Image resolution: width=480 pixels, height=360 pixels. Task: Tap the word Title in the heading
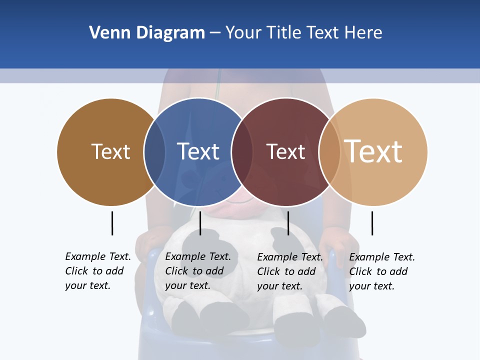coord(283,33)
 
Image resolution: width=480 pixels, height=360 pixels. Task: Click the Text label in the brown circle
coord(110,151)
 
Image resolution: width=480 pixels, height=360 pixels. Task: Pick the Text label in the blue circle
coord(198,151)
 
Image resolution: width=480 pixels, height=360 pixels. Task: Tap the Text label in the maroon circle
coord(285,151)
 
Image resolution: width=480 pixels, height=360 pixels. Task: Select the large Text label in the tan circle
coord(373,151)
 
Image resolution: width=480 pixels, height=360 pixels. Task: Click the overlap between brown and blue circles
coord(154,151)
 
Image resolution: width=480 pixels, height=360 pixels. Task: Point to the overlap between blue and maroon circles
coord(242,151)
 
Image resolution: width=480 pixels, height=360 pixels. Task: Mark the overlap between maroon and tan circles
coord(329,151)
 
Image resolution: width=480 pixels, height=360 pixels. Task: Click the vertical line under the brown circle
coord(112,223)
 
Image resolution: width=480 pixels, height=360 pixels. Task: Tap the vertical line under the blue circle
coord(200,223)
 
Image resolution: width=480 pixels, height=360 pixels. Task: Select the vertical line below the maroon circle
coord(288,223)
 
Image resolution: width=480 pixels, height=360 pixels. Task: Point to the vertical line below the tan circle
coord(372,223)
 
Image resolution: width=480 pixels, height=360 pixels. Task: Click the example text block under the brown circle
coord(97,271)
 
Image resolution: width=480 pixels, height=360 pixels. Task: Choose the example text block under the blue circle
coord(197,271)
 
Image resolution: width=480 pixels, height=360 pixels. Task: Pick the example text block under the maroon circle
coord(289,271)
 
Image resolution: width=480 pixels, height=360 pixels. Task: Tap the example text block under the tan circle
coord(381,271)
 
